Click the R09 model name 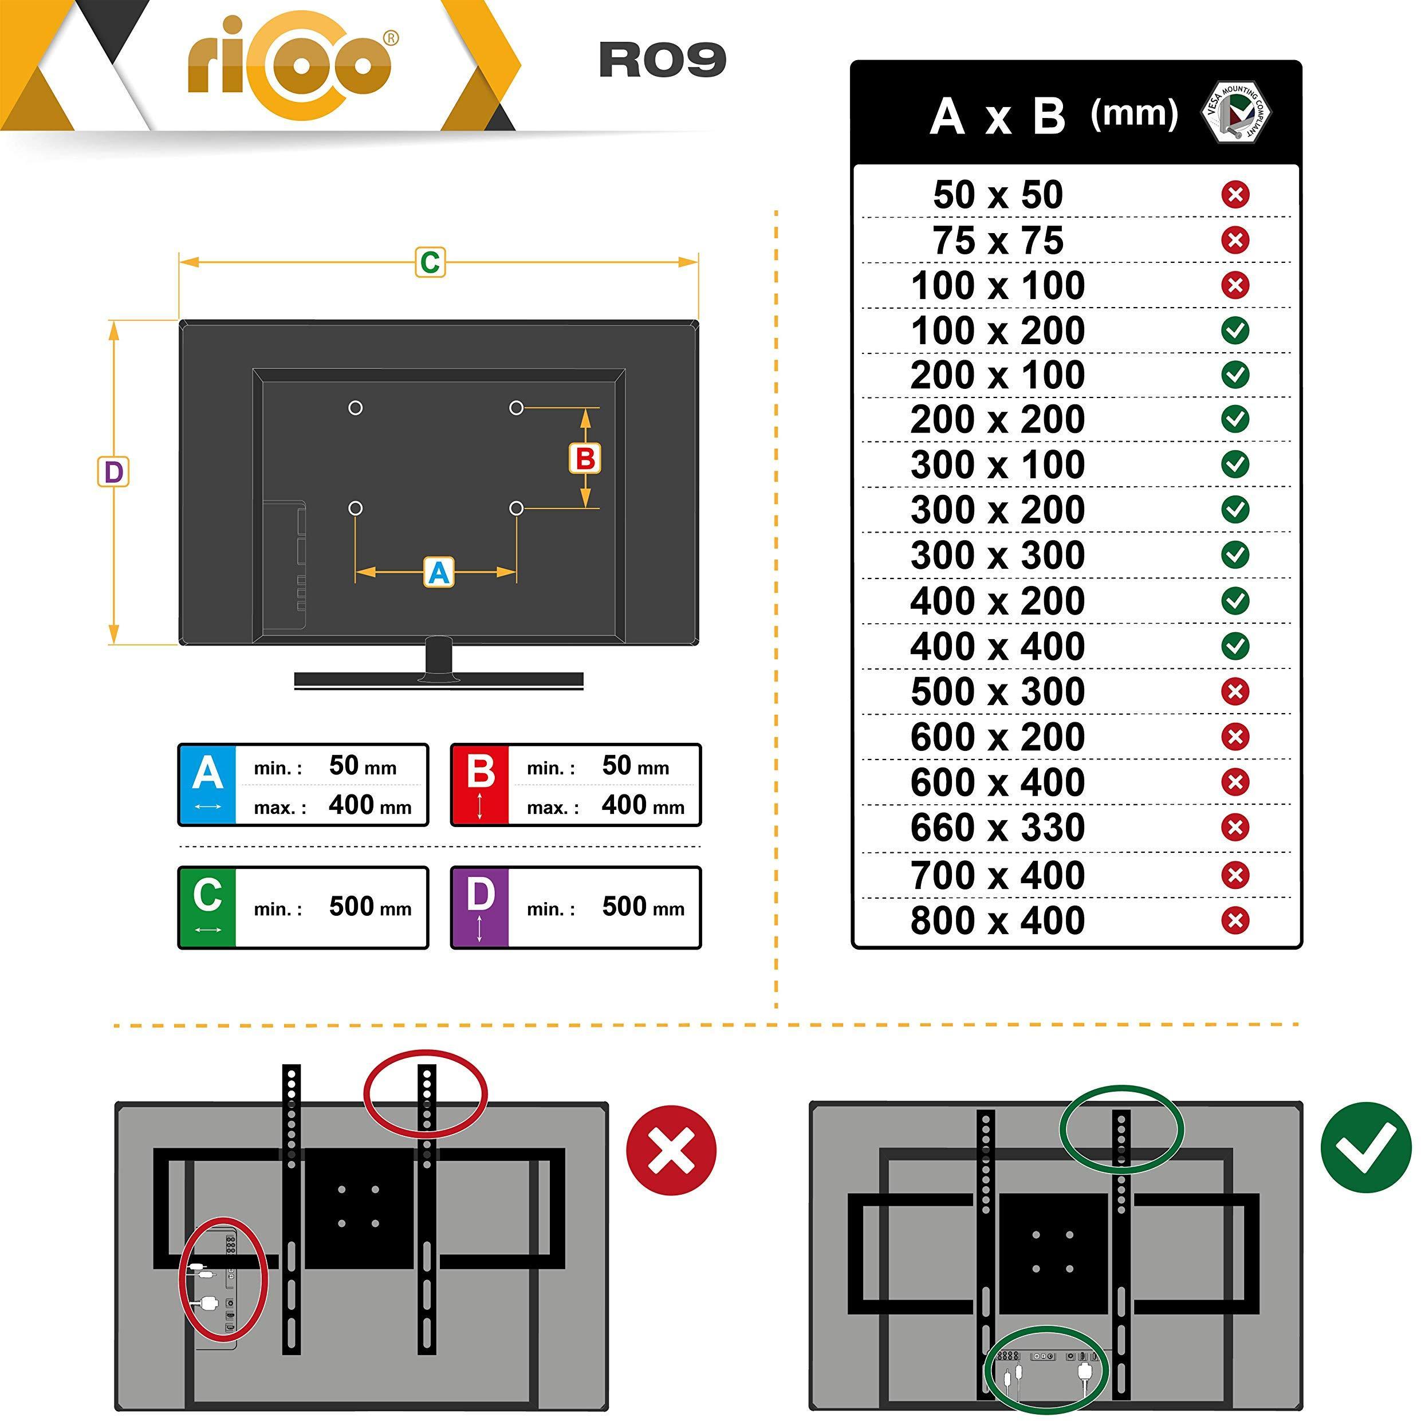(662, 60)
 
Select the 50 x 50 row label (998, 195)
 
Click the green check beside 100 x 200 (1235, 330)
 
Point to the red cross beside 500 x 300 (1235, 691)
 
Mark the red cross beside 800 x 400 (1235, 920)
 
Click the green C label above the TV (430, 262)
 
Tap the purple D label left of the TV (113, 472)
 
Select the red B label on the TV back (585, 459)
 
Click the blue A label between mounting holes (439, 572)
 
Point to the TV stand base (439, 680)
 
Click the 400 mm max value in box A (370, 805)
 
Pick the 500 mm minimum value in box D (643, 907)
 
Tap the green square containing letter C (207, 907)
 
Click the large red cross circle (671, 1150)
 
